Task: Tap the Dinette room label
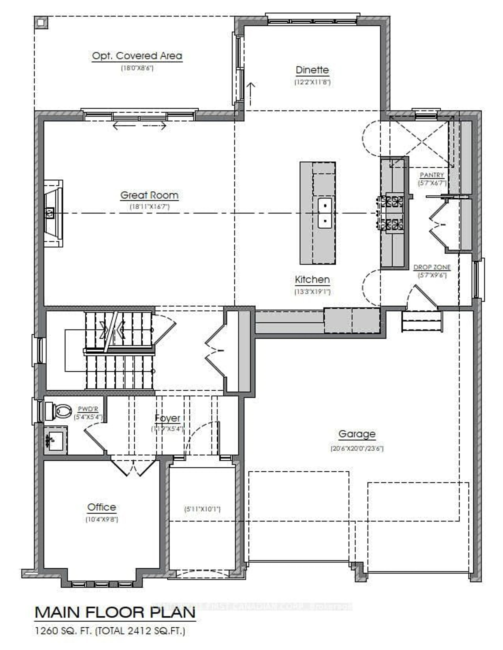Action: point(312,70)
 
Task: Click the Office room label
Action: point(102,507)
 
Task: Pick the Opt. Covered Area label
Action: point(137,56)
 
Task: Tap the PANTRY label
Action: point(432,175)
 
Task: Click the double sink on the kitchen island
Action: point(325,213)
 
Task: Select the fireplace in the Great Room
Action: point(53,213)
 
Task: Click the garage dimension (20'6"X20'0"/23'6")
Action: point(357,448)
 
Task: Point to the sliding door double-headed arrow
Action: point(139,126)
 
